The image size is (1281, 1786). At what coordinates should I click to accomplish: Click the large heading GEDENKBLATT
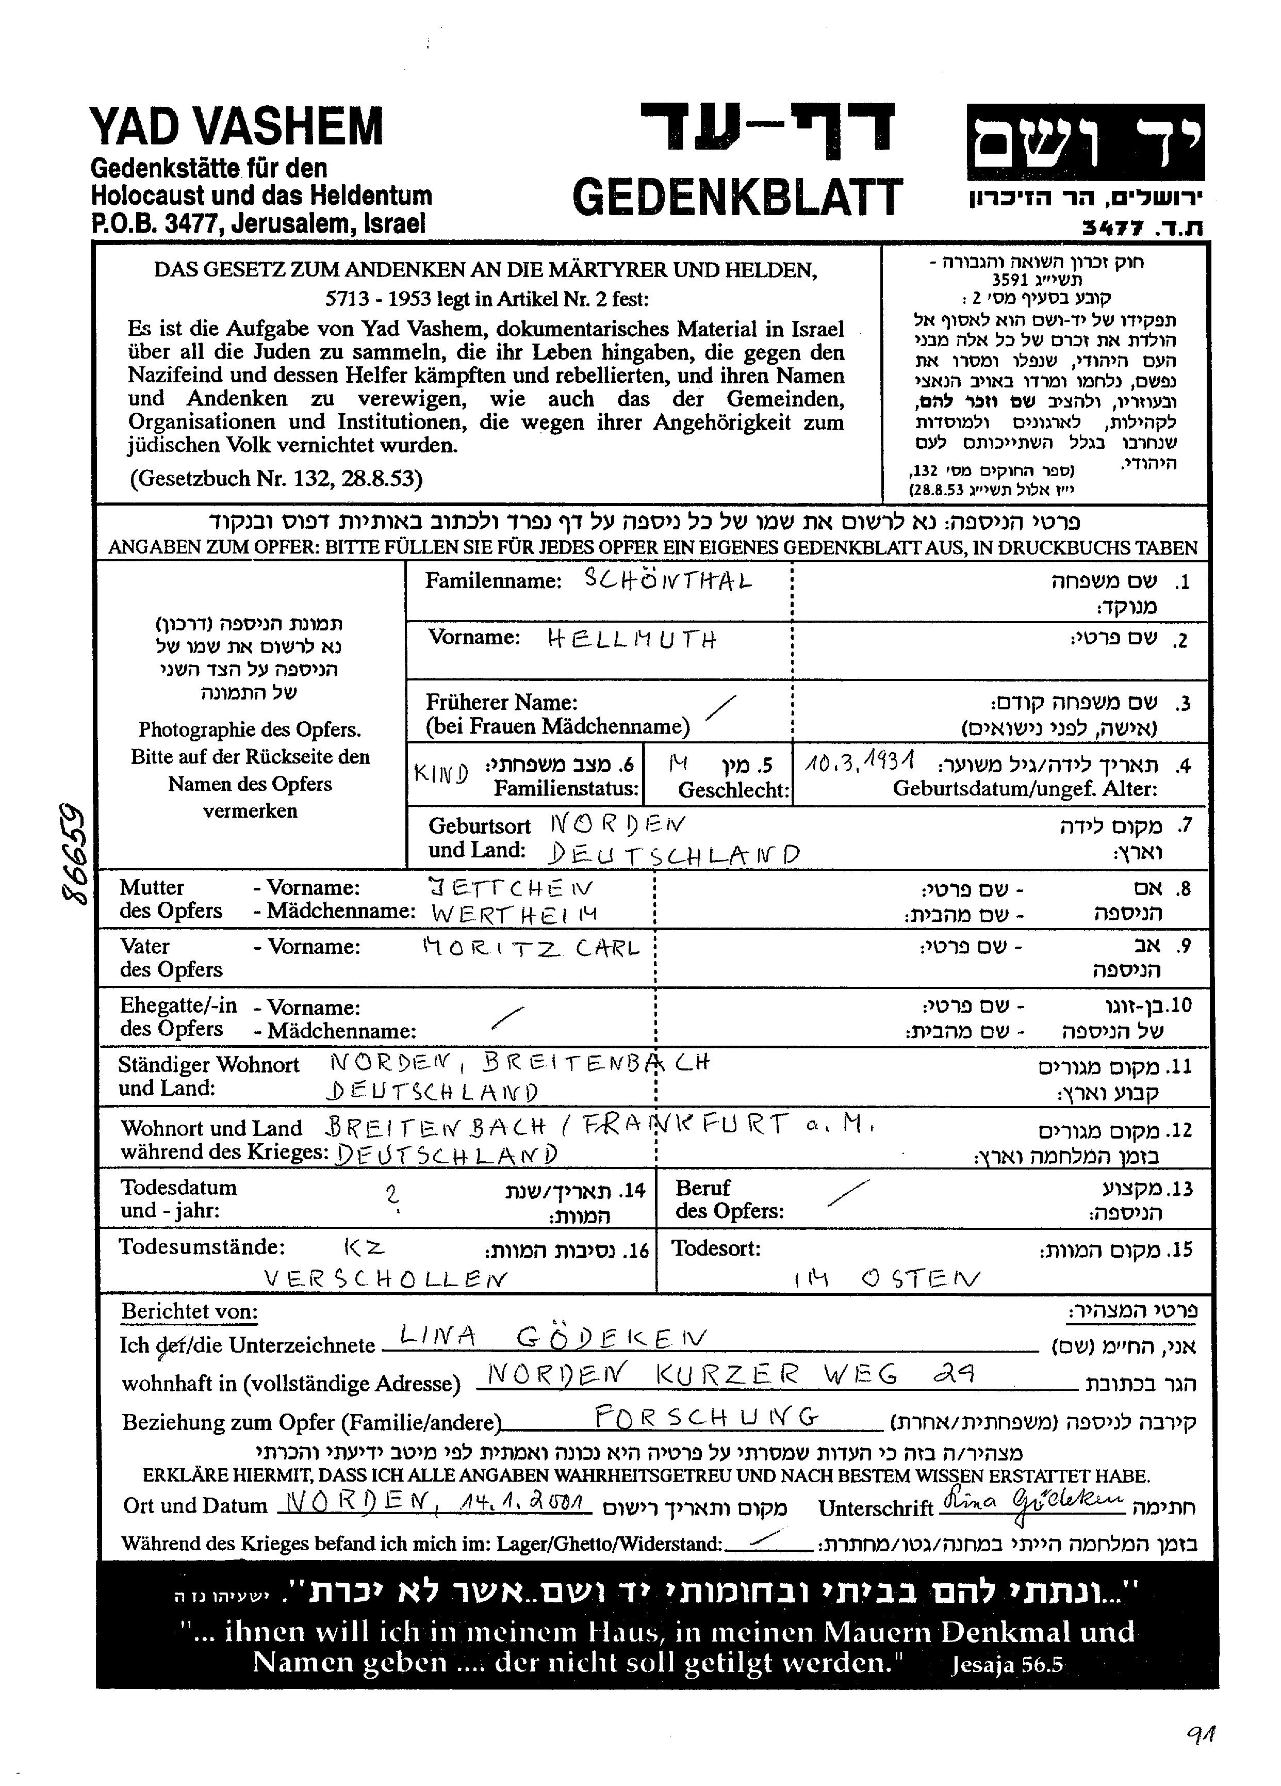(738, 197)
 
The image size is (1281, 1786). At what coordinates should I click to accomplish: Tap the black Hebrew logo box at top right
(1085, 142)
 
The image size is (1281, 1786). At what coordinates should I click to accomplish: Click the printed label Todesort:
(716, 1247)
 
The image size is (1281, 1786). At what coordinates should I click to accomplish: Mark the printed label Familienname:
(493, 581)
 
